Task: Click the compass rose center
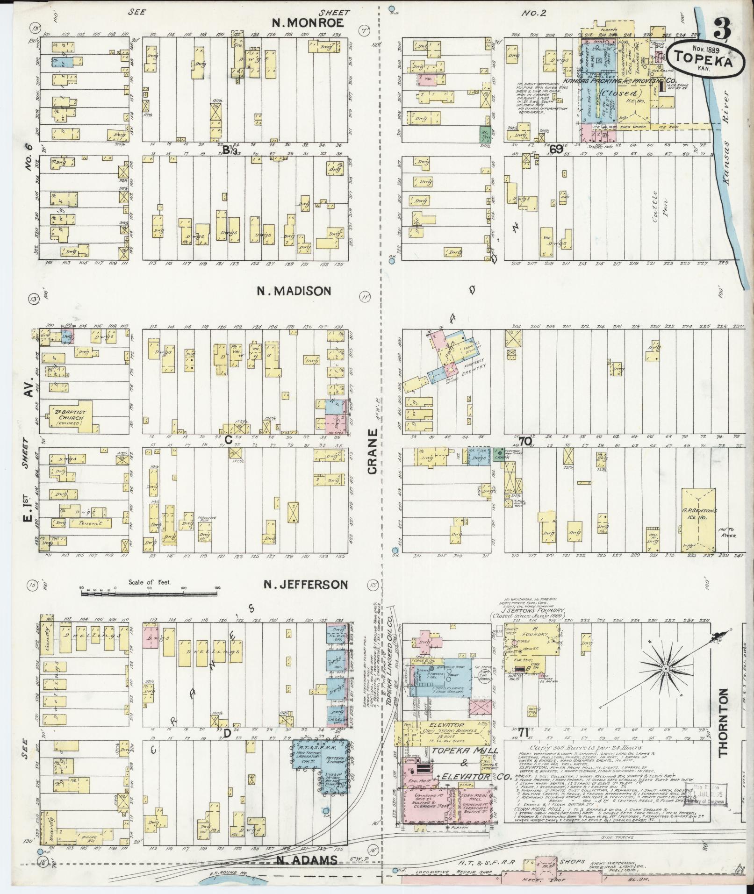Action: (x=664, y=669)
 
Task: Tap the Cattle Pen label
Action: (x=654, y=207)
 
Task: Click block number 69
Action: (x=556, y=150)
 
